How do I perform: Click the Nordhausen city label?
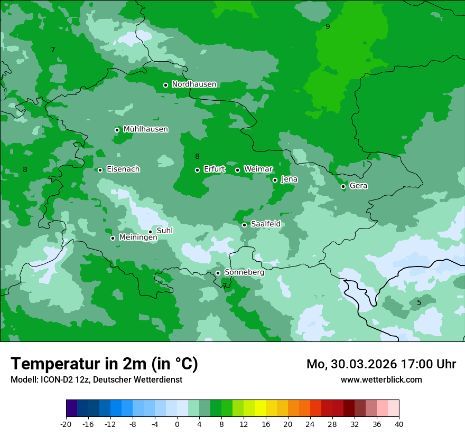tap(194, 84)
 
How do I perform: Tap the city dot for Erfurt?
tap(197, 170)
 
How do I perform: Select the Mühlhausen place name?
tap(145, 129)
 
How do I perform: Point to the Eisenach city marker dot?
tap(100, 170)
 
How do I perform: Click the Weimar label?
tap(258, 169)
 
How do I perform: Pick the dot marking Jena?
tap(275, 180)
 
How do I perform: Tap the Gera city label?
tap(358, 186)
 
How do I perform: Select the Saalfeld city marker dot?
tap(244, 225)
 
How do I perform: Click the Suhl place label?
tap(164, 231)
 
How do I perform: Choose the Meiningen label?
tap(138, 238)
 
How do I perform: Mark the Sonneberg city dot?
tap(218, 273)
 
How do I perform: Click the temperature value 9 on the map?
tap(328, 26)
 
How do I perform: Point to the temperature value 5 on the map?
tap(419, 302)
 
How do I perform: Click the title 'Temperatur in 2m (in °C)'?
tap(104, 364)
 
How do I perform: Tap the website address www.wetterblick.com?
tap(381, 380)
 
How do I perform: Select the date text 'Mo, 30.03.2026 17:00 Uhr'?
tap(381, 364)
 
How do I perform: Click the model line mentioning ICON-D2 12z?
tap(96, 380)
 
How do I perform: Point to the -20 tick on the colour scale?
tap(66, 424)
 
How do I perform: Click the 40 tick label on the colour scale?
tap(398, 424)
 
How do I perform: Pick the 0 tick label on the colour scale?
tap(177, 424)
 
